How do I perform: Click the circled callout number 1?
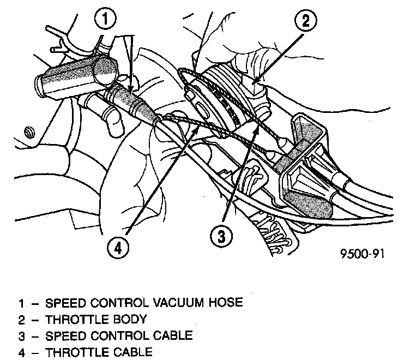pyautogui.click(x=105, y=20)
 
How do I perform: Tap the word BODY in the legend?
pyautogui.click(x=131, y=319)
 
